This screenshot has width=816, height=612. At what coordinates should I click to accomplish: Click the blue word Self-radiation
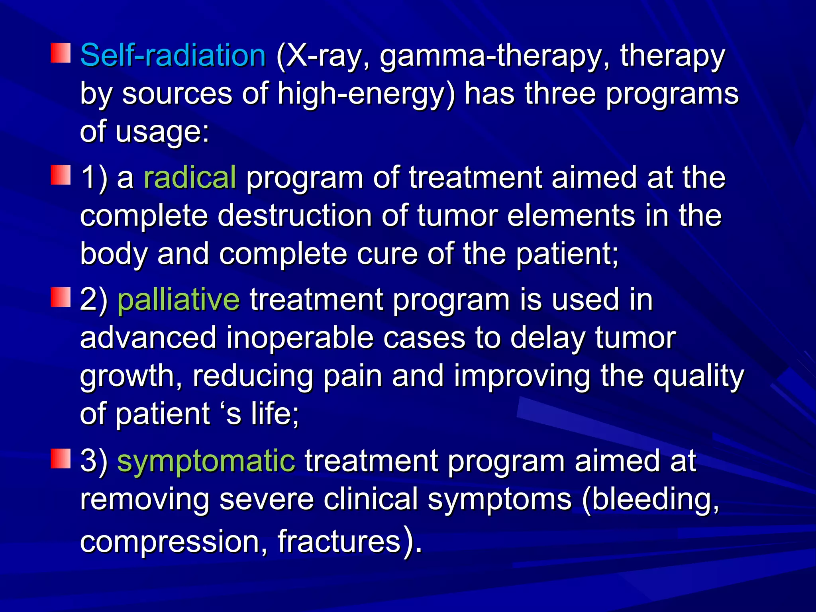[173, 55]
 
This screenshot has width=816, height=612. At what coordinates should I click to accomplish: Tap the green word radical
[190, 177]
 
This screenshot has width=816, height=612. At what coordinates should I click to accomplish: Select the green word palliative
[178, 300]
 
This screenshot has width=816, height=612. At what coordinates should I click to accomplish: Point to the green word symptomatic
[206, 461]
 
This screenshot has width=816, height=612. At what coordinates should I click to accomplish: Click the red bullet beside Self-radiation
[61, 53]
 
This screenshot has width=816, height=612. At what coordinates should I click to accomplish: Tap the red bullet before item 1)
[61, 176]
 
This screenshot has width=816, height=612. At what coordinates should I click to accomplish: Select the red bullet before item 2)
[61, 298]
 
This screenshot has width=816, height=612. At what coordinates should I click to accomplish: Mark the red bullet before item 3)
[61, 459]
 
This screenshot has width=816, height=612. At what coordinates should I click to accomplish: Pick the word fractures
[339, 541]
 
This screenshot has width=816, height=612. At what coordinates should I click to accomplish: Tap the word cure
[387, 254]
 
